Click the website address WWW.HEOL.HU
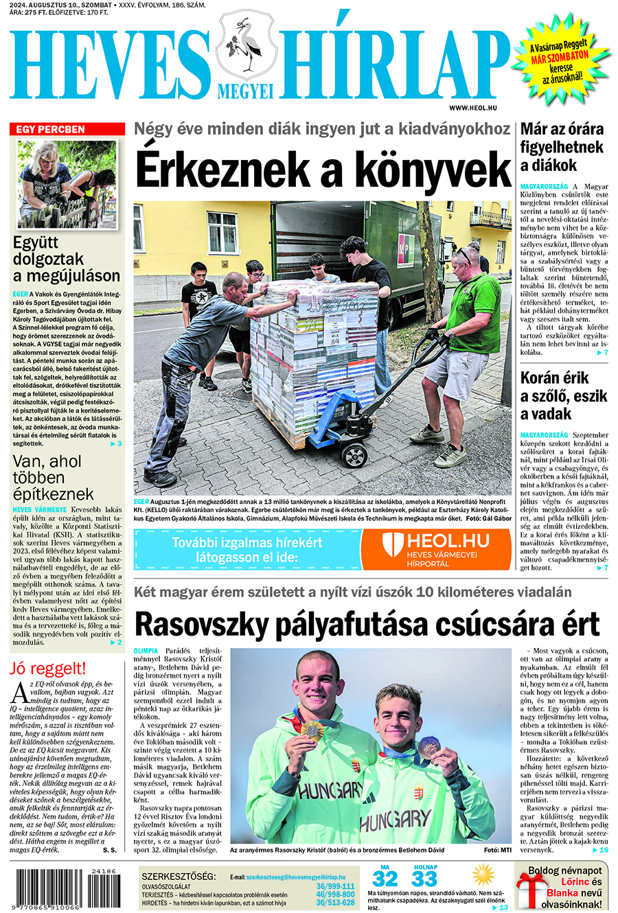pos(473,108)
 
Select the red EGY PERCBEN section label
pos(67,129)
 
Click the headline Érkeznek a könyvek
pos(323,169)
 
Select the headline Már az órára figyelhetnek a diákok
pos(562,147)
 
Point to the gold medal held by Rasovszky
pos(313,729)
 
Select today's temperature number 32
pos(385,879)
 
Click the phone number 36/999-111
pos(335,886)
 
